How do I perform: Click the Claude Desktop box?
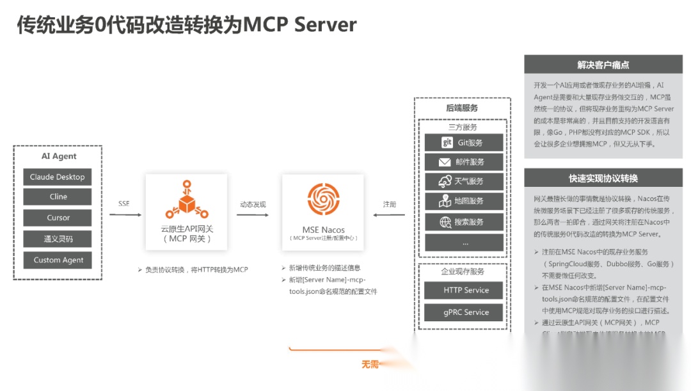click(58, 177)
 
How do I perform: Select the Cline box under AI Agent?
click(58, 196)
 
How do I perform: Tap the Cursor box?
click(58, 218)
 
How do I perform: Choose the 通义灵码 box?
click(58, 239)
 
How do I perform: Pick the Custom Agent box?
click(58, 260)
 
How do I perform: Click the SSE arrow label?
click(124, 204)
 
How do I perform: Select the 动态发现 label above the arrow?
click(253, 204)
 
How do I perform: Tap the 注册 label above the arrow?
click(390, 204)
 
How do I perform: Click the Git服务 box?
click(464, 143)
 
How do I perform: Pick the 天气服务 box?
click(464, 181)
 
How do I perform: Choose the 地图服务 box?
click(464, 201)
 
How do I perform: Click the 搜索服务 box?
click(464, 222)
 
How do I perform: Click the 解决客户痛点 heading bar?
click(603, 65)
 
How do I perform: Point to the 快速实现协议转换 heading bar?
click(603, 178)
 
